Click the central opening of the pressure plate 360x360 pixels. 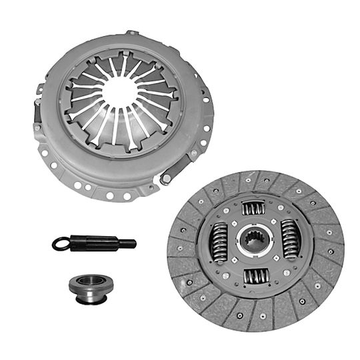pos(119,93)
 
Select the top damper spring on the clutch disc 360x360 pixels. pos(254,208)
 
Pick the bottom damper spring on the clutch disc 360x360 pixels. pos(255,275)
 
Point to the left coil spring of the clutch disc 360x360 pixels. pos(219,241)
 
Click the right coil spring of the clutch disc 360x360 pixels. pos(290,238)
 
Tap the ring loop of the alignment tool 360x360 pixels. pos(62,244)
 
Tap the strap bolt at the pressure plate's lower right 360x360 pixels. pos(166,178)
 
